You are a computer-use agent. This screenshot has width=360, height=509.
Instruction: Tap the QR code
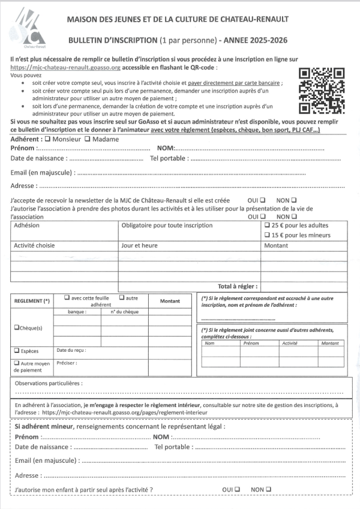[322, 91]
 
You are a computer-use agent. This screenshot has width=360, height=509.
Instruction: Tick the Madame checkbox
[88, 139]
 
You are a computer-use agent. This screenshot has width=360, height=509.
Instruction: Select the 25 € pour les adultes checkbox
[267, 226]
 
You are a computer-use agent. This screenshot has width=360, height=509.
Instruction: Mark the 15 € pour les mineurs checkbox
[267, 236]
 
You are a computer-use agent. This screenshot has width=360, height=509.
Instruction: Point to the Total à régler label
[238, 287]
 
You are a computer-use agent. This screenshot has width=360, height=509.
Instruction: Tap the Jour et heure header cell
[139, 245]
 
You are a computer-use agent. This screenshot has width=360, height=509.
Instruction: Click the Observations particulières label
[49, 382]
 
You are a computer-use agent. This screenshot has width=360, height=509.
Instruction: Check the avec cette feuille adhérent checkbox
[67, 298]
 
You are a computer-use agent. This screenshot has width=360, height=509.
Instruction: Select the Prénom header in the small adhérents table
[251, 343]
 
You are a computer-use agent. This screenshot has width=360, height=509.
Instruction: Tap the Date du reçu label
[71, 350]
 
